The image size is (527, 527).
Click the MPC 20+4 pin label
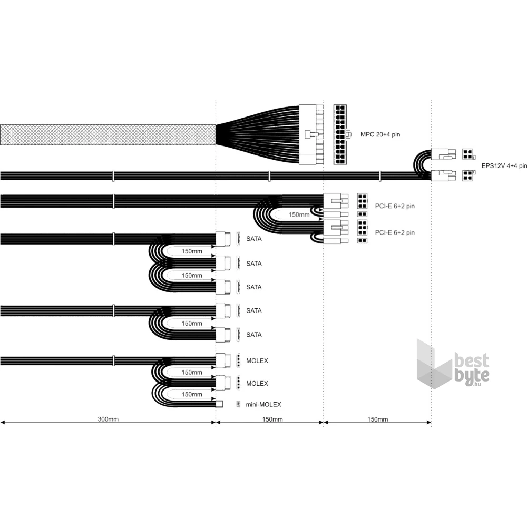click(x=380, y=134)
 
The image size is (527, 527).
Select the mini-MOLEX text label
click(x=263, y=404)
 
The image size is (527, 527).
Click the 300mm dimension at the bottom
click(x=108, y=419)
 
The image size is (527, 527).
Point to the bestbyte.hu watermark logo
click(x=453, y=364)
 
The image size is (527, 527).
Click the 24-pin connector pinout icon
click(x=340, y=134)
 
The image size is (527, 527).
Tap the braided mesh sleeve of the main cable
click(x=108, y=135)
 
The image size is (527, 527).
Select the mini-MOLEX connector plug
click(x=219, y=404)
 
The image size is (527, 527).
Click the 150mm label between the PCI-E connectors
click(x=299, y=214)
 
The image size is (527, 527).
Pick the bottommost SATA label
click(x=254, y=335)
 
